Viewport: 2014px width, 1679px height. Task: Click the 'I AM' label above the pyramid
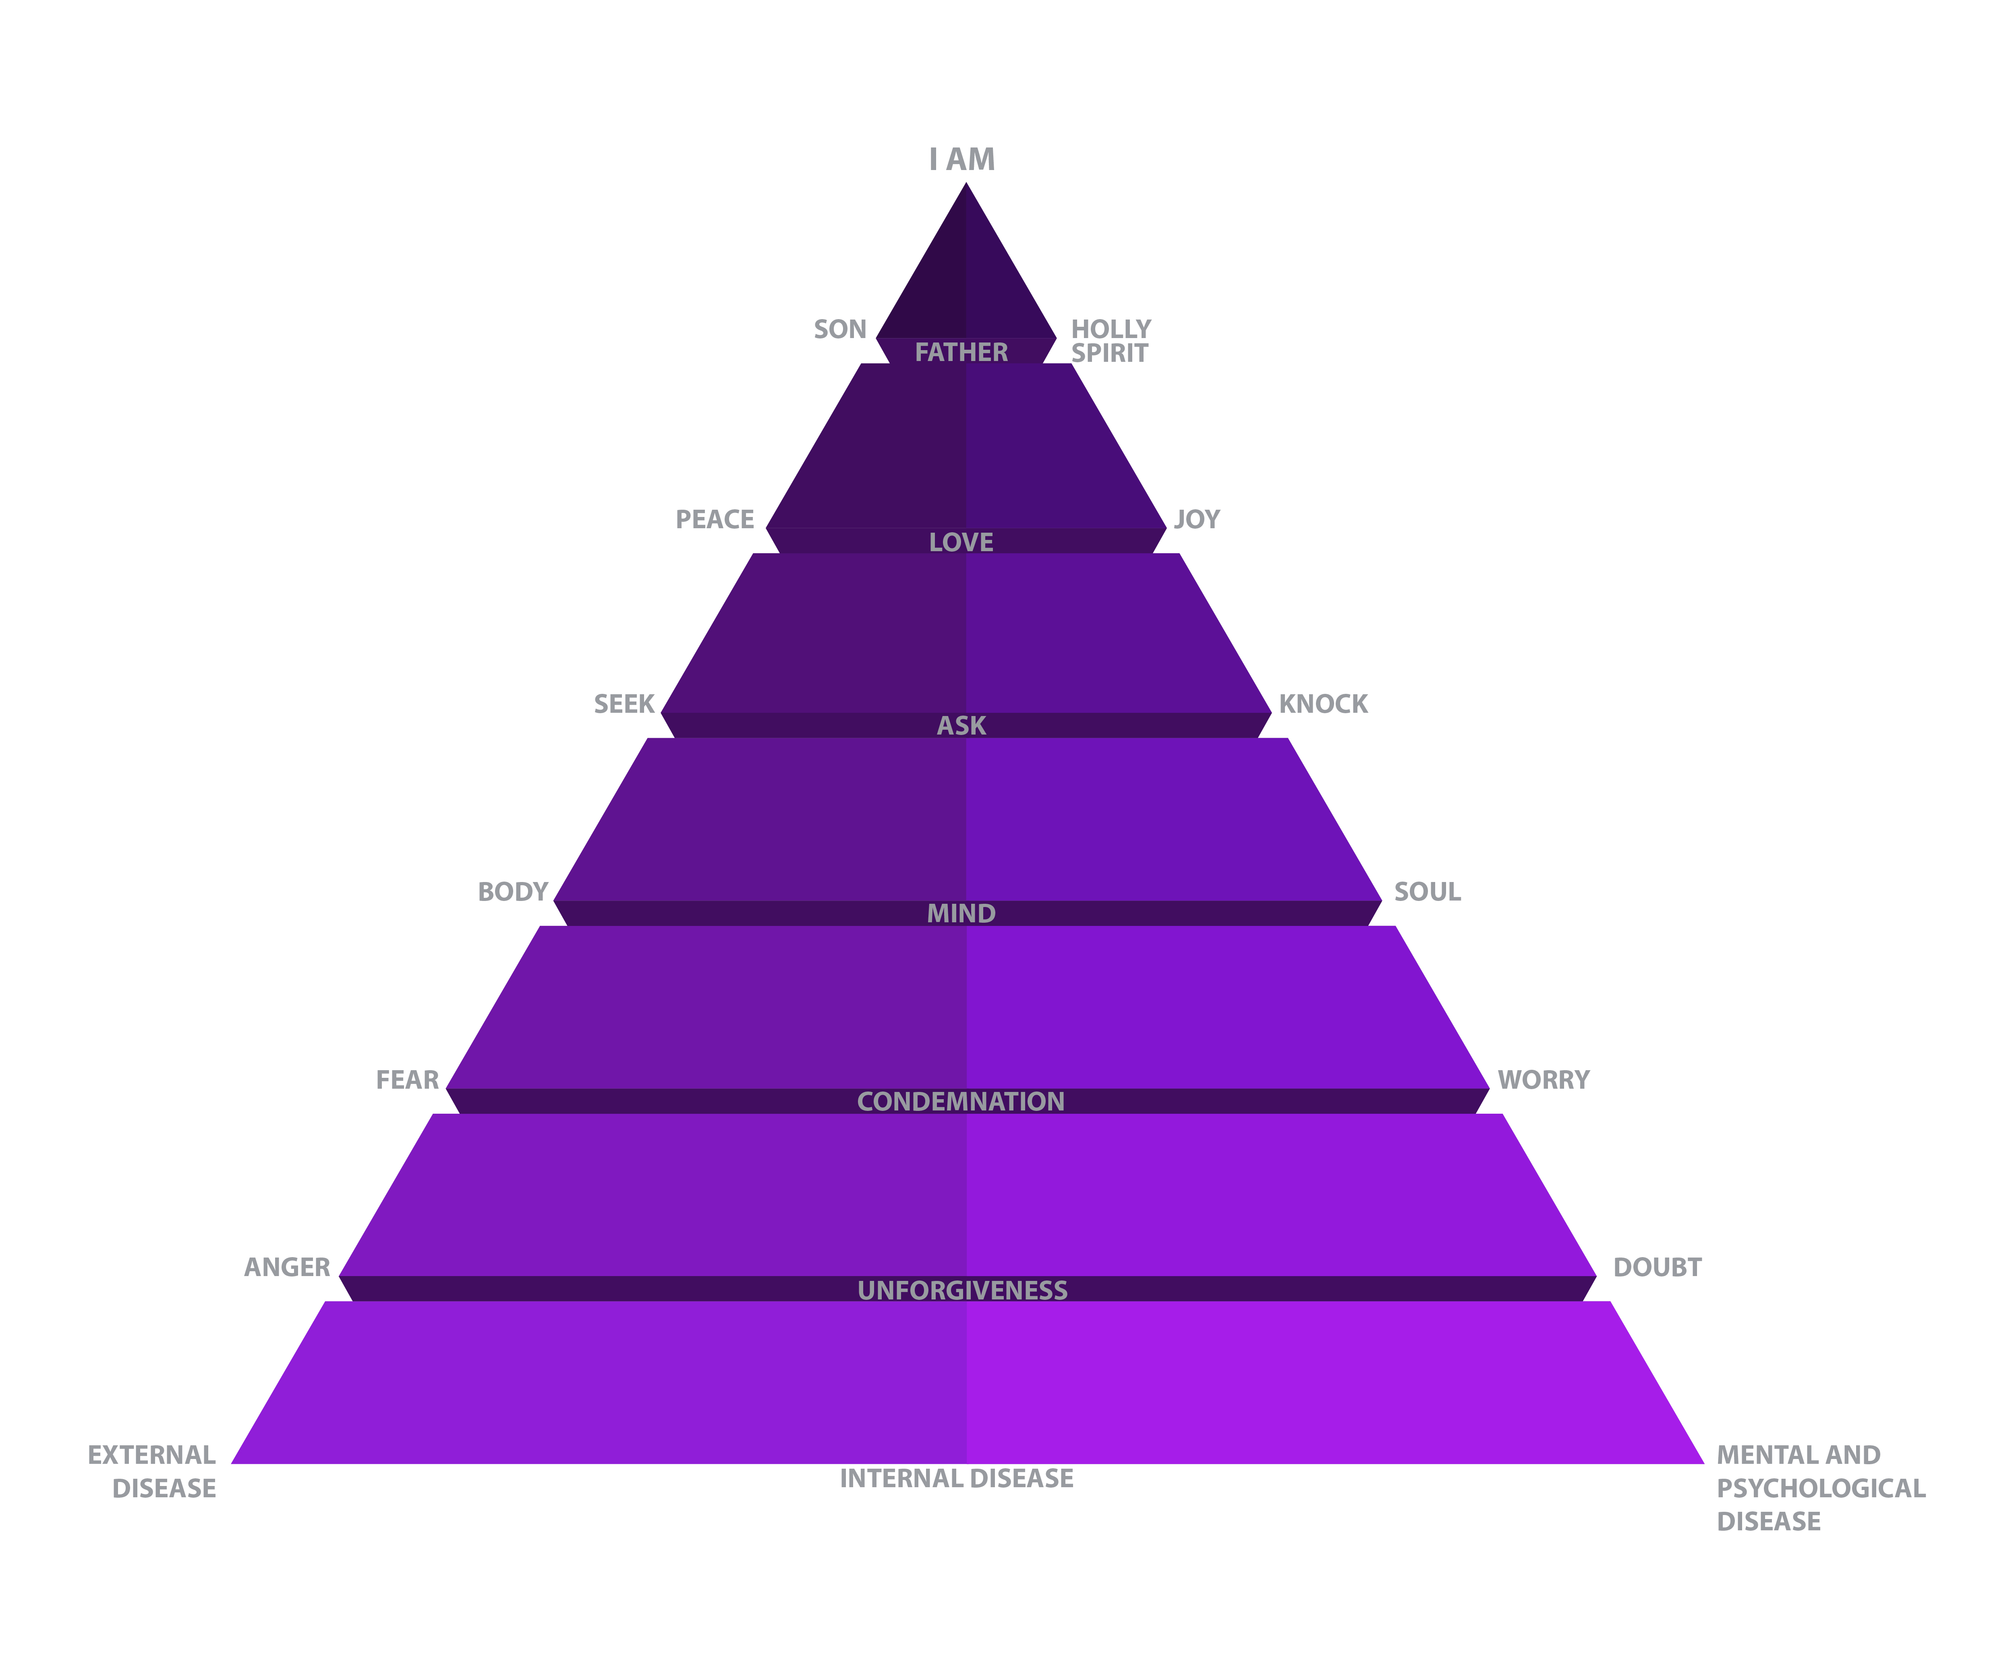point(962,159)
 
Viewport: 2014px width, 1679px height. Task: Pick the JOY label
point(1197,519)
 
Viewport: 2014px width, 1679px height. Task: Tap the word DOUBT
point(1657,1267)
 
